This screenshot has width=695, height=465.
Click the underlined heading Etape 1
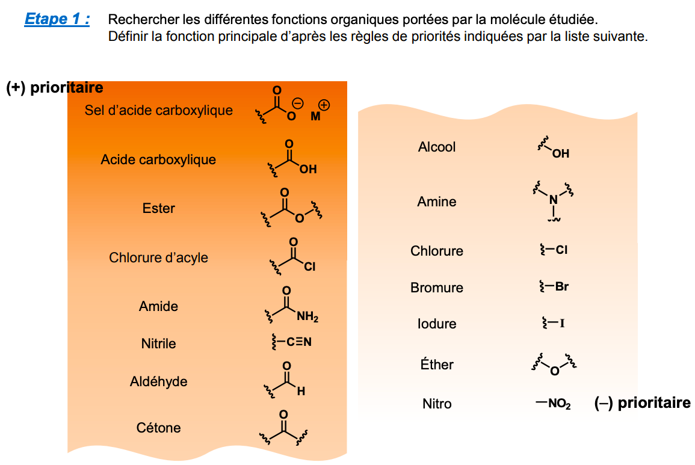[57, 19]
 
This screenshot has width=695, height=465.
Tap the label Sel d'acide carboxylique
[158, 111]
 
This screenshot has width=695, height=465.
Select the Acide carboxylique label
[158, 160]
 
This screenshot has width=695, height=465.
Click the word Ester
[159, 209]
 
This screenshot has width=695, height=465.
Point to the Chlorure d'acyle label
[158, 258]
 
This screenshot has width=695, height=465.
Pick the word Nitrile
[159, 343]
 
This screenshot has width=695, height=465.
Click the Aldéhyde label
[158, 381]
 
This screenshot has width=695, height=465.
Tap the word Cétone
[159, 428]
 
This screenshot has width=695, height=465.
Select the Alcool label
[437, 147]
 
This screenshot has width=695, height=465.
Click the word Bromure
[437, 288]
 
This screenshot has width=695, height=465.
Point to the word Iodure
[437, 324]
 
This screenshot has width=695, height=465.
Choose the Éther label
[437, 365]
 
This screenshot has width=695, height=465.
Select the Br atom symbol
[561, 287]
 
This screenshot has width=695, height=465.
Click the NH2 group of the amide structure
[307, 317]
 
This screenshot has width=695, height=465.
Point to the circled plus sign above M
[324, 105]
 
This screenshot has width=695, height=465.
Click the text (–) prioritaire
[642, 403]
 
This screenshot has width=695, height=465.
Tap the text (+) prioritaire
[55, 88]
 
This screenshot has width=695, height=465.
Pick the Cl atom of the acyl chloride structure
[309, 266]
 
